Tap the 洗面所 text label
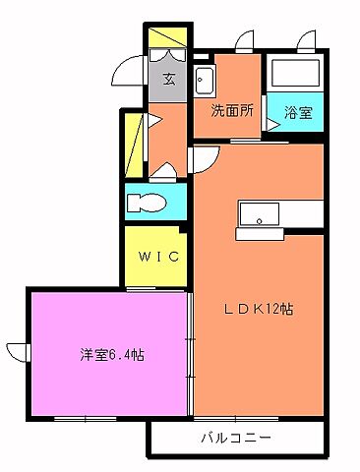[232, 111]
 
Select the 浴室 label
[298, 112]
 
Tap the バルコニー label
[236, 437]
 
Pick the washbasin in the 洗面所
[206, 81]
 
